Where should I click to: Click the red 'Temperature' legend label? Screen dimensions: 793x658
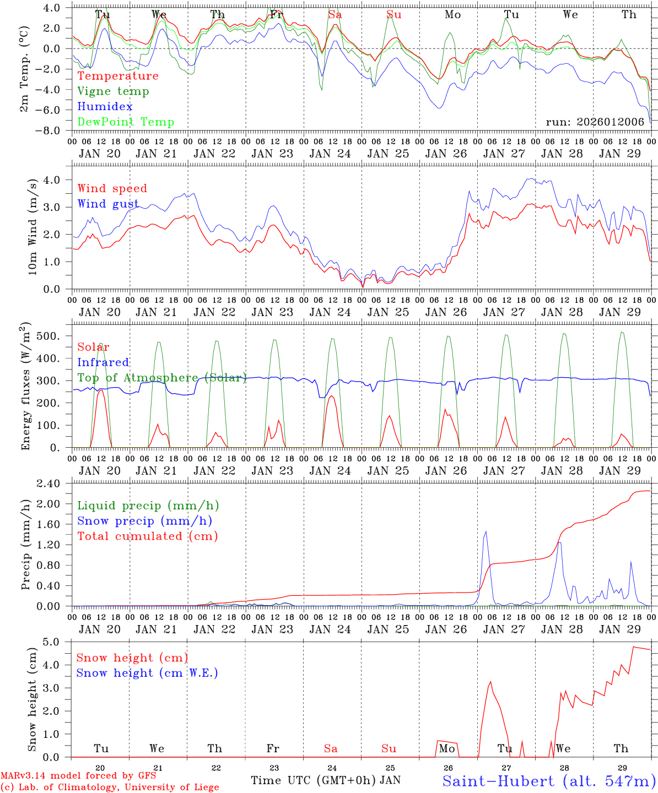117,76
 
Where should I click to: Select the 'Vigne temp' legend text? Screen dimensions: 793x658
113,91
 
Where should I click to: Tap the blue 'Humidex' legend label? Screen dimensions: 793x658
105,106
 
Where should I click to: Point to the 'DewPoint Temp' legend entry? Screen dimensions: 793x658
126,122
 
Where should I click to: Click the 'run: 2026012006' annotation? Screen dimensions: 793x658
595,122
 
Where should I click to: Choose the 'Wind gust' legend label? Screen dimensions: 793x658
108,204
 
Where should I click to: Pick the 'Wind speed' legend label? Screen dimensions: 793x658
112,188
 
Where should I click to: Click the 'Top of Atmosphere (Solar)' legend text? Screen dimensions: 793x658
161,378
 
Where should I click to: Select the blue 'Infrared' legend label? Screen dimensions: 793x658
103,362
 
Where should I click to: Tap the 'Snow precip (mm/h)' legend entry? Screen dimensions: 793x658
144,521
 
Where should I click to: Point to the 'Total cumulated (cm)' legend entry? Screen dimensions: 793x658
147,536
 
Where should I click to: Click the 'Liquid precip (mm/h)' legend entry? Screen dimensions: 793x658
148,506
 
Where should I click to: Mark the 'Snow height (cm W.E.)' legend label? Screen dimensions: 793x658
147,673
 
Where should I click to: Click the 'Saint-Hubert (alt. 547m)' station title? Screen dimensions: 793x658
549,780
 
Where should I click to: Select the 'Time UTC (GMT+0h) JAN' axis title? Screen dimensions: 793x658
326,780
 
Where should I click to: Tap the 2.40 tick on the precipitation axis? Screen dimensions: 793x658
55,484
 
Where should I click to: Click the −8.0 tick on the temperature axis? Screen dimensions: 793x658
55,131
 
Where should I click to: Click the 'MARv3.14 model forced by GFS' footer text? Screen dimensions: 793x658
78,775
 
